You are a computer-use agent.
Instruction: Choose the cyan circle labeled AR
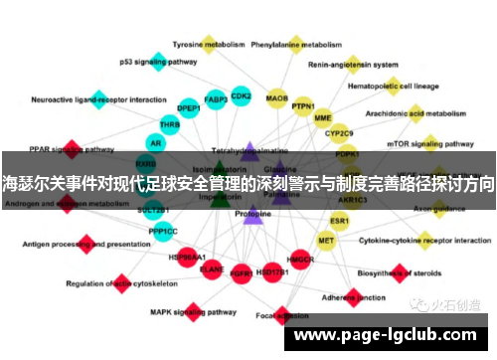[154, 142]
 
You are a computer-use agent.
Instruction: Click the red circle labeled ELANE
[211, 269]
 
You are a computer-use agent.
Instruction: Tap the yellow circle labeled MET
[326, 240]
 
